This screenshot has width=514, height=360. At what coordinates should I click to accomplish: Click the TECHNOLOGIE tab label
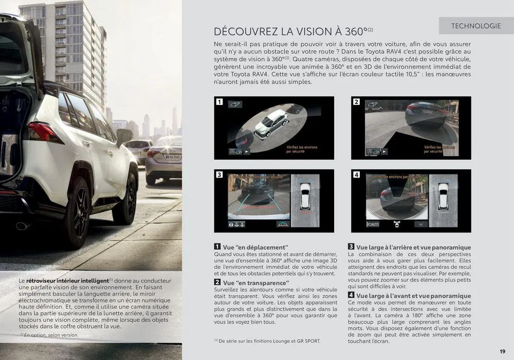point(475,26)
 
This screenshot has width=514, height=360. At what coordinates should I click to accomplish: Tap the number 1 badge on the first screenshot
point(219,102)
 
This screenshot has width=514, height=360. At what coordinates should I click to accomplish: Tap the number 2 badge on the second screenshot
point(356,102)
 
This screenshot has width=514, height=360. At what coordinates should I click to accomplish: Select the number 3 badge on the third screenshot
point(219,175)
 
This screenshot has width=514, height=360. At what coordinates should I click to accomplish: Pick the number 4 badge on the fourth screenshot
point(356,175)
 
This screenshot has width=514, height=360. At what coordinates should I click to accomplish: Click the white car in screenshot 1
point(271,123)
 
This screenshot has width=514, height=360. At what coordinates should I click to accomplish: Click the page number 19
point(502,351)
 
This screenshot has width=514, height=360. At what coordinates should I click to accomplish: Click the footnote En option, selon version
point(50,335)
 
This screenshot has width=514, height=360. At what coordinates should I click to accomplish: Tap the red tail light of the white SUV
point(43,132)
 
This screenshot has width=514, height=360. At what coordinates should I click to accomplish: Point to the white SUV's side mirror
point(124,136)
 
